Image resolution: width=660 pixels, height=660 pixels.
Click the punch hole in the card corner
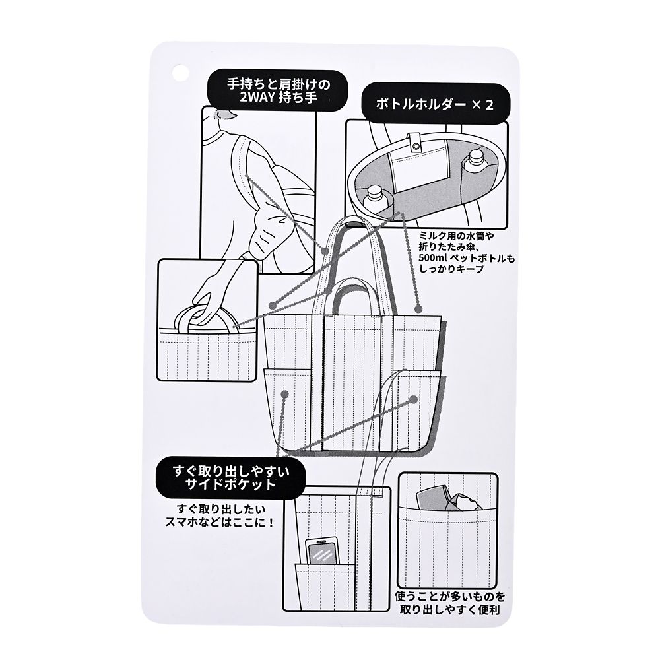coord(180,72)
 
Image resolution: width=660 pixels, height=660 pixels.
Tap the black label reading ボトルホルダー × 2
coord(436,104)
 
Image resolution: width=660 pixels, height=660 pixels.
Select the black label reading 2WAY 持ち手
coord(278,91)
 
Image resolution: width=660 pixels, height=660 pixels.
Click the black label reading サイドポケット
coord(231,477)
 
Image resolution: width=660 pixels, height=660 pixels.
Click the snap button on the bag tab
coord(416,145)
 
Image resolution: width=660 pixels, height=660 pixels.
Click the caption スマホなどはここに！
coord(220,522)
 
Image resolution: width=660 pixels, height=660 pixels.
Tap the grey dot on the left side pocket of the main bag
coord(285,394)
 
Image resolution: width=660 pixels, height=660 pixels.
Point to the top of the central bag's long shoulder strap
coord(353,220)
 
